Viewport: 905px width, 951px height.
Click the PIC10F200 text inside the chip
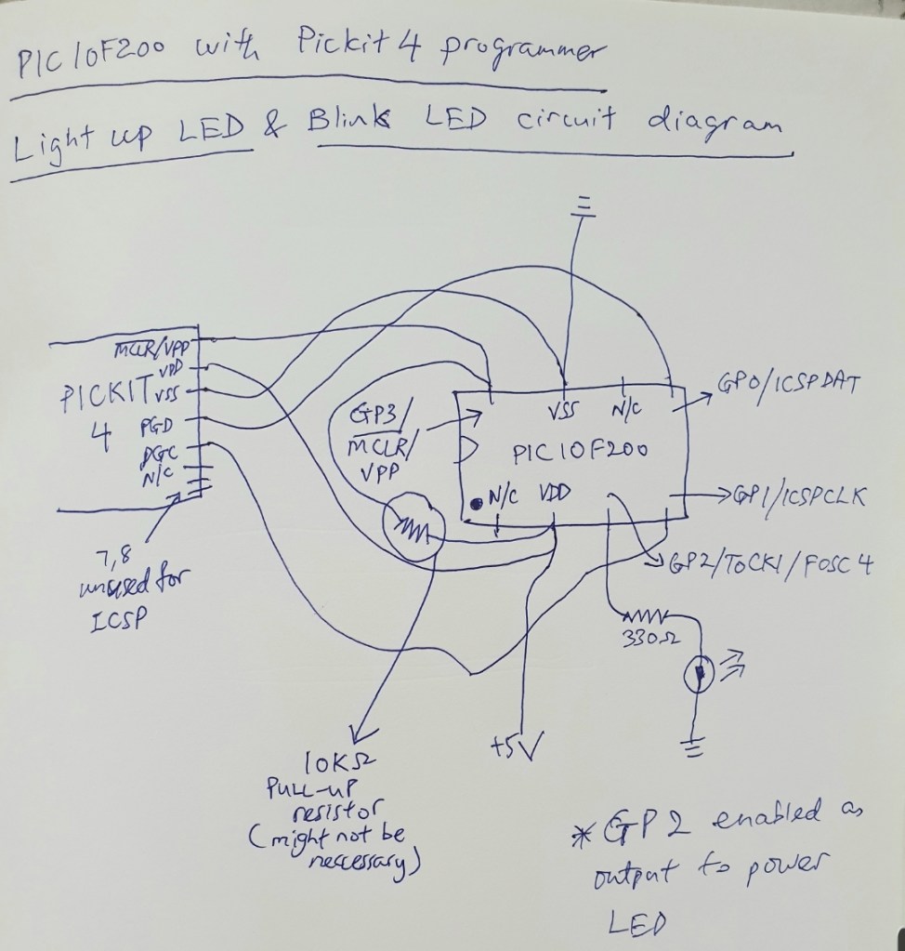click(580, 452)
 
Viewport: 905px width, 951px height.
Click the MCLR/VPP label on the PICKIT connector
click(151, 350)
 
